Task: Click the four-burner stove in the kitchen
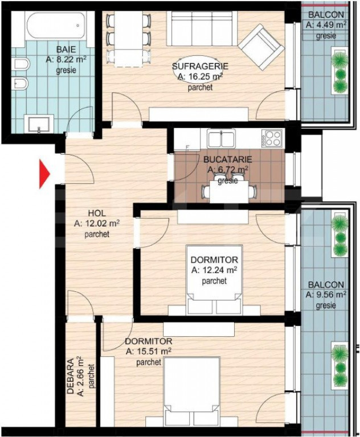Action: [272, 138]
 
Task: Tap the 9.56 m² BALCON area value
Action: [326, 295]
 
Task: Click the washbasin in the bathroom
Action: [39, 123]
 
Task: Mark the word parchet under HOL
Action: [97, 234]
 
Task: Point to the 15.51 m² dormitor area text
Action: [148, 351]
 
